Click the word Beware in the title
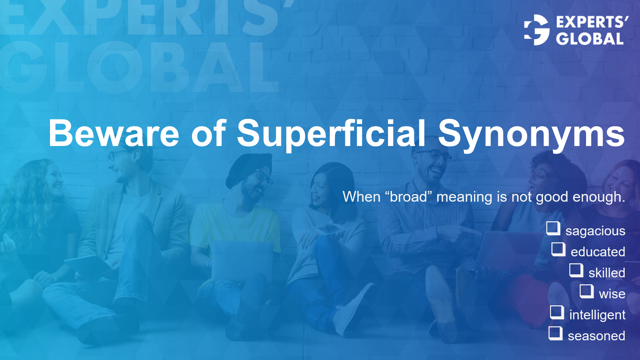tap(114, 133)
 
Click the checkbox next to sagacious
tap(553, 229)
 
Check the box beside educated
tap(558, 249)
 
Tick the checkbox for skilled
tap(576, 270)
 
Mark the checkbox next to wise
tap(587, 291)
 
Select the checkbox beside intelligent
tap(557, 312)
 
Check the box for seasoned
tap(555, 333)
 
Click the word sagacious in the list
tap(595, 231)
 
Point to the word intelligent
tap(597, 315)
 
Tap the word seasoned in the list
tap(596, 336)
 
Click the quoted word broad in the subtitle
tap(408, 197)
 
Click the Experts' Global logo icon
tap(536, 30)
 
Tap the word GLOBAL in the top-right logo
tap(589, 39)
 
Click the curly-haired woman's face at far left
tap(53, 180)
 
